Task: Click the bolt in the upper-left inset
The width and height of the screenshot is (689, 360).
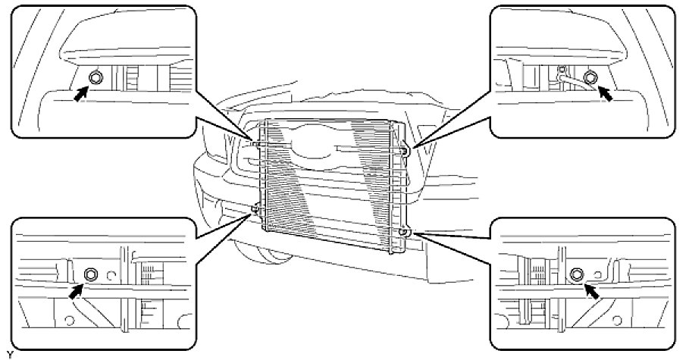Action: click(96, 77)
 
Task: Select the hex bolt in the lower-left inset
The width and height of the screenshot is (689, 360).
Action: click(90, 274)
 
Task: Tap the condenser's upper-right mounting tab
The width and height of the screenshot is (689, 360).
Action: click(407, 151)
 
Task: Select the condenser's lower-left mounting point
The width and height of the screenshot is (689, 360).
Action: click(255, 208)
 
